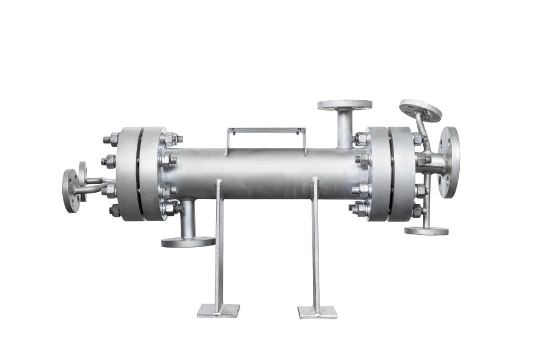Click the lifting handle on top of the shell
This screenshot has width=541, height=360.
(266, 130)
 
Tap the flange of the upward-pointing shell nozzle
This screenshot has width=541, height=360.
(344, 105)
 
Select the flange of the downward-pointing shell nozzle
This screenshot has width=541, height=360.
(188, 242)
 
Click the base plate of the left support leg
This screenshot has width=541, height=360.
(218, 310)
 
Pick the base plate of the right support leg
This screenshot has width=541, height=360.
(318, 312)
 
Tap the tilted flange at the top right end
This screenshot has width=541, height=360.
(420, 110)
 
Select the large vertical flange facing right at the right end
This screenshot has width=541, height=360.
(449, 162)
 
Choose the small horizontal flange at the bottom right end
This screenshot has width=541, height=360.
(426, 231)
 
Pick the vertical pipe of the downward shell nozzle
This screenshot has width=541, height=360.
(188, 219)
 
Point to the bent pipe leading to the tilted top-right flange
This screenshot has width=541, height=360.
(419, 129)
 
